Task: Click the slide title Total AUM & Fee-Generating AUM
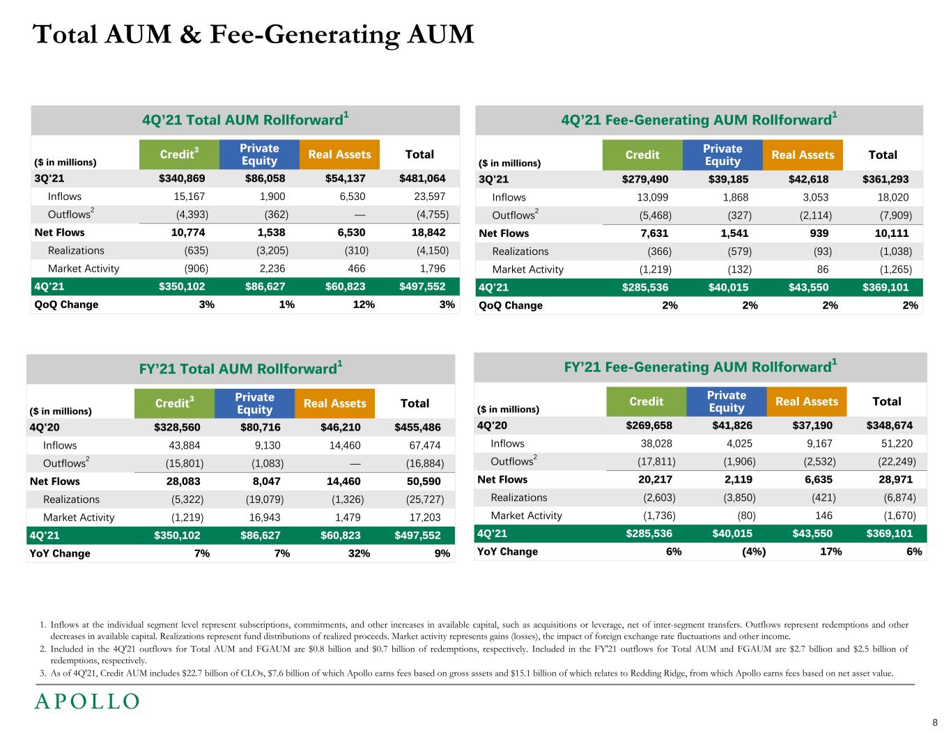254,34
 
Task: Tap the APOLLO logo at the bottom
87,701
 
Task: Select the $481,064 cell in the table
422,178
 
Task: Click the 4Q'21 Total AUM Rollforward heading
245,119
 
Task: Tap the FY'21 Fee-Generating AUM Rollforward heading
699,366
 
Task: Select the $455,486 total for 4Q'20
417,426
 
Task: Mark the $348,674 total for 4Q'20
889,425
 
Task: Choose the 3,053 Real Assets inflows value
816,197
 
